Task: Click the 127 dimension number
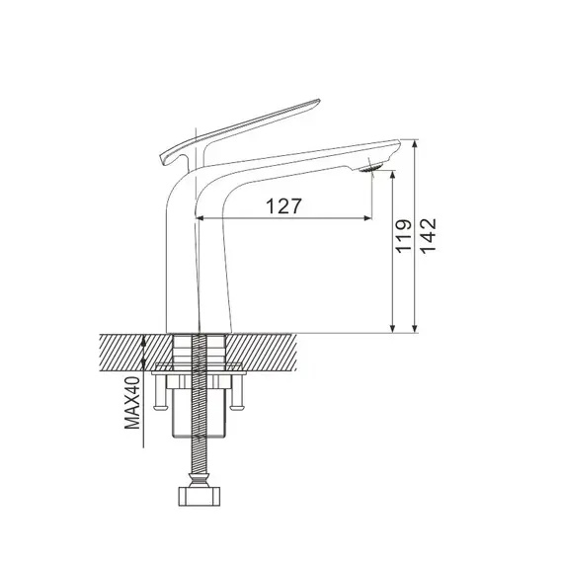[282, 205]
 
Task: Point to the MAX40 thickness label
[130, 406]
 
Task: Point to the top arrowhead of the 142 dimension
[416, 144]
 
